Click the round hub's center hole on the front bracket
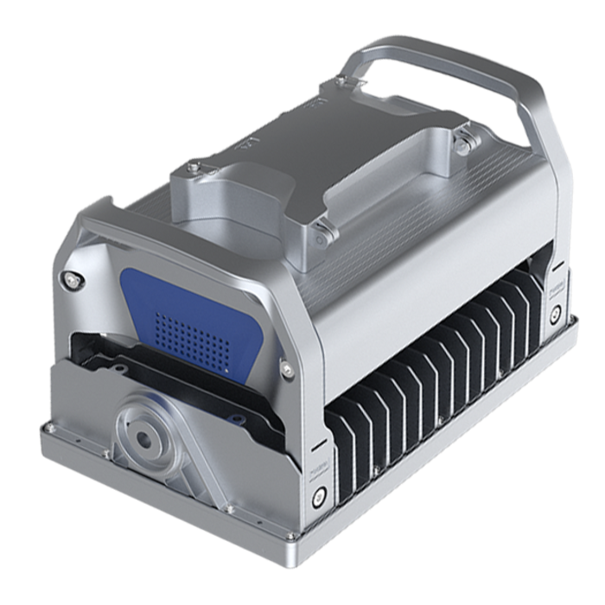coord(143,437)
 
